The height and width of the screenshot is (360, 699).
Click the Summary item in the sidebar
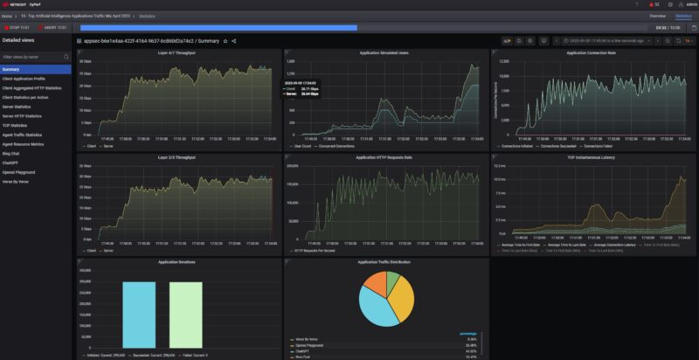coord(11,69)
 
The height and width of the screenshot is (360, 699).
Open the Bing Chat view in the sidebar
coord(12,153)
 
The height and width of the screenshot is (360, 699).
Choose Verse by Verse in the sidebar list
coord(17,182)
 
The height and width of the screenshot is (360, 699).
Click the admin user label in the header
coord(680,4)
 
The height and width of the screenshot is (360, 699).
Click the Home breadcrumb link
coord(7,16)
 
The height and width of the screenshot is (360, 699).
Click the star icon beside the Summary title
coord(225,41)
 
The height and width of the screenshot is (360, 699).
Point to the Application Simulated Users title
coord(384,53)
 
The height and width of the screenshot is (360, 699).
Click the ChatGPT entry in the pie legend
coord(302,350)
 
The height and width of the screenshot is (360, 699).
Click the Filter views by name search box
coord(35,57)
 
